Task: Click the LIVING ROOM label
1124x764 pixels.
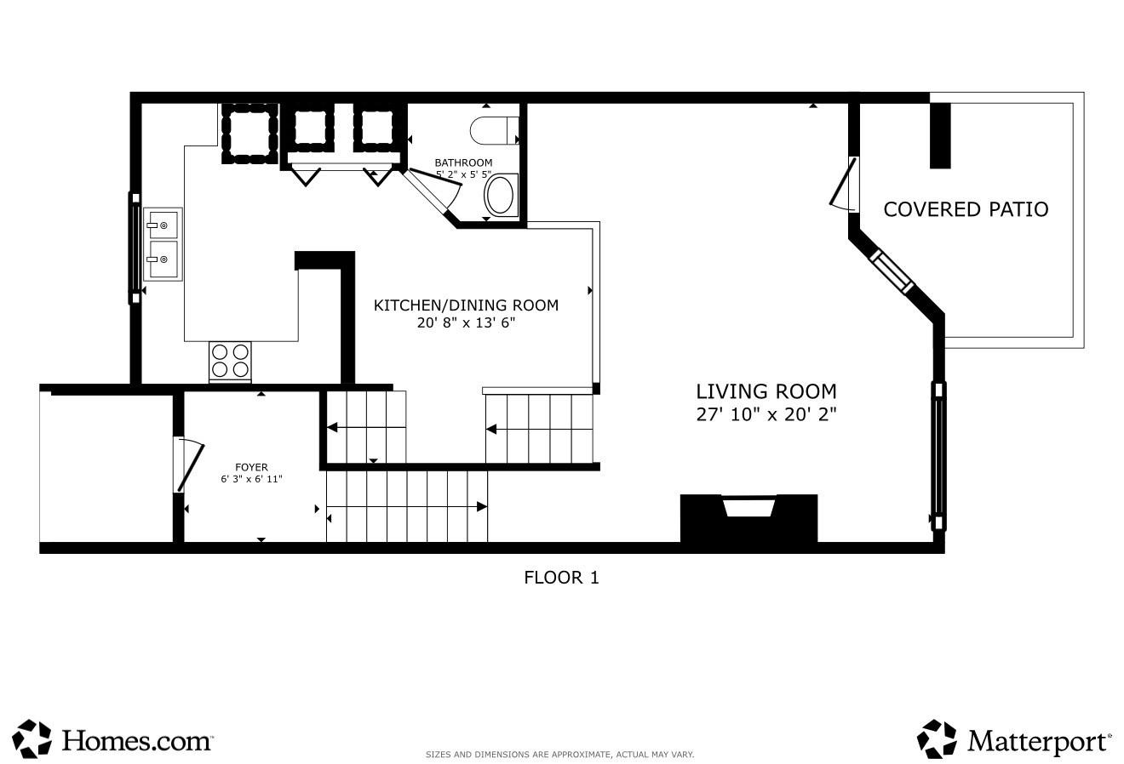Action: (766, 391)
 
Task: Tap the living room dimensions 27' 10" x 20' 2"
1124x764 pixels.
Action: (766, 414)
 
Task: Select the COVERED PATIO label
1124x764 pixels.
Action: (966, 209)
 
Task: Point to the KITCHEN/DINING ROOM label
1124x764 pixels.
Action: (466, 305)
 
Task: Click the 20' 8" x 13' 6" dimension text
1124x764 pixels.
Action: (466, 322)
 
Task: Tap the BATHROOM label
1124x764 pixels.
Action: (463, 163)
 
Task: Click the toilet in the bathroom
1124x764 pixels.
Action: (494, 130)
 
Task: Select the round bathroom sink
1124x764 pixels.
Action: (499, 196)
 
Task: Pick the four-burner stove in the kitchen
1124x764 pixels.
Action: (230, 362)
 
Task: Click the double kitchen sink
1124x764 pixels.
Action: (163, 244)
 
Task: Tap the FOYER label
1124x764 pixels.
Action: (251, 467)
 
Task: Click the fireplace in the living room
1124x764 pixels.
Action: (748, 518)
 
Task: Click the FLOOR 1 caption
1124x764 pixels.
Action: (561, 578)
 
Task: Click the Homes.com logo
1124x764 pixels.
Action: (112, 738)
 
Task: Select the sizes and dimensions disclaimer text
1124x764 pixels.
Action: (560, 755)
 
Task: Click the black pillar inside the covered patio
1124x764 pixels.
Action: (940, 135)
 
